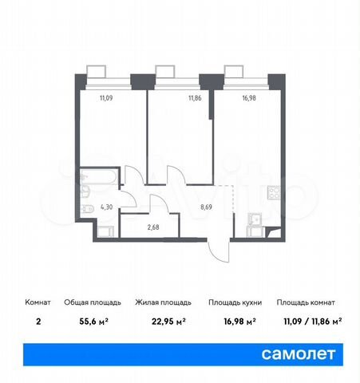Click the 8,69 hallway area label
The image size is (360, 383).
(x=206, y=207)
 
